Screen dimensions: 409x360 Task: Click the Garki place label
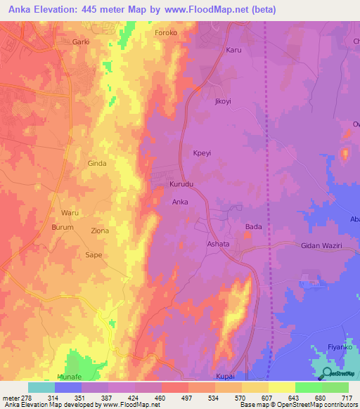coord(82,42)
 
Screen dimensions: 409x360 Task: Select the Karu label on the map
coord(233,50)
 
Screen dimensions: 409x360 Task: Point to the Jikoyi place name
coord(222,101)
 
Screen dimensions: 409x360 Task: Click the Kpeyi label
coord(202,152)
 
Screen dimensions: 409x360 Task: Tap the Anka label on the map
coord(180,202)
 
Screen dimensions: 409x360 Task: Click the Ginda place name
coord(96,163)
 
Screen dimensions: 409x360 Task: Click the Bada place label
coord(253,227)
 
